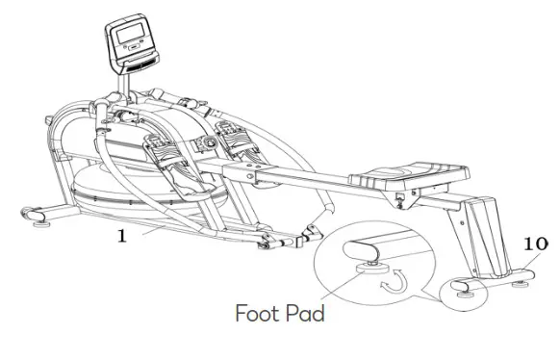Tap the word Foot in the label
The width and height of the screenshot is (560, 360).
click(x=259, y=313)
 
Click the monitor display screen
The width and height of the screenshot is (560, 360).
click(x=128, y=39)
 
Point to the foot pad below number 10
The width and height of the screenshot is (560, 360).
click(x=526, y=279)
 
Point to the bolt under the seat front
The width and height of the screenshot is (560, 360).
click(x=398, y=200)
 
